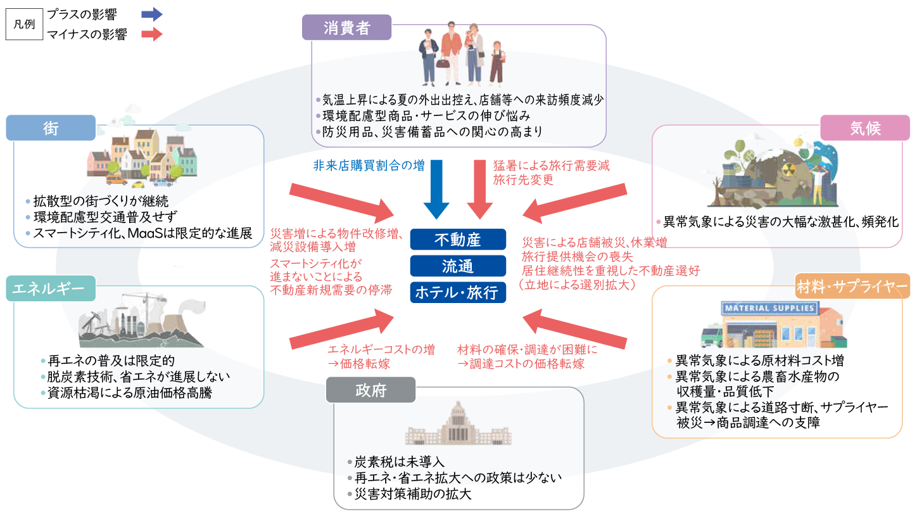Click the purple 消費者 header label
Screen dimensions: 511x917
click(x=346, y=28)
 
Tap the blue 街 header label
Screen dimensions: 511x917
click(x=51, y=128)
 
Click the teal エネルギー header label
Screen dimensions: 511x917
click(x=49, y=288)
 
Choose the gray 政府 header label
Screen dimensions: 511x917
click(x=362, y=389)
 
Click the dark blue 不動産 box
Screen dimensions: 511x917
click(x=458, y=240)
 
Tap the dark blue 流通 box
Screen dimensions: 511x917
click(x=458, y=266)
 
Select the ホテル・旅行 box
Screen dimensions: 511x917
click(x=458, y=292)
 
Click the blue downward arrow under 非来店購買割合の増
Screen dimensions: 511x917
click(x=436, y=191)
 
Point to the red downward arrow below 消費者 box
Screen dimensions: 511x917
click(x=479, y=191)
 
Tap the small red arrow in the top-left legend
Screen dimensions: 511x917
click(x=152, y=34)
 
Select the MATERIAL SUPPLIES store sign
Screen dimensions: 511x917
click(x=768, y=308)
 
